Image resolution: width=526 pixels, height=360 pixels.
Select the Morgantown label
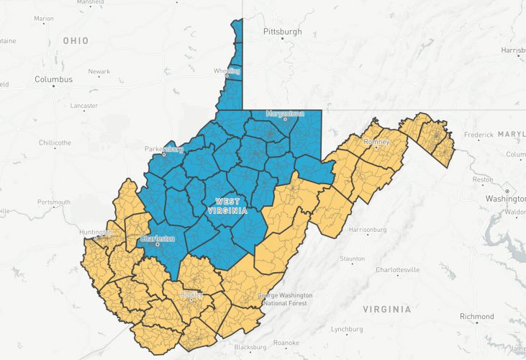286,114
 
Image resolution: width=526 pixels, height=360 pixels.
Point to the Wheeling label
227,71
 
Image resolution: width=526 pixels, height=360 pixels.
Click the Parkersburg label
164,150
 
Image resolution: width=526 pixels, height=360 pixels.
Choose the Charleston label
158,238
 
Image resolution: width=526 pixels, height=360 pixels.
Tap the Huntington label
97,232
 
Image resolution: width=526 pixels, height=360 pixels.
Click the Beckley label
192,295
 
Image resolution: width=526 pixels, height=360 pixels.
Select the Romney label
376,142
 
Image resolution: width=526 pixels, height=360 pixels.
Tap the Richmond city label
477,317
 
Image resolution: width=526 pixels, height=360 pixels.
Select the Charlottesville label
398,270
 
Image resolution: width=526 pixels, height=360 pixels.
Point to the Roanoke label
286,343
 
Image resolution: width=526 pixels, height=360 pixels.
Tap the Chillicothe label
55,143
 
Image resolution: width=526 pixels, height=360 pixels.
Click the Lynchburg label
346,329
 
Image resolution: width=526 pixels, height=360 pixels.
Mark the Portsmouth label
55,202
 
